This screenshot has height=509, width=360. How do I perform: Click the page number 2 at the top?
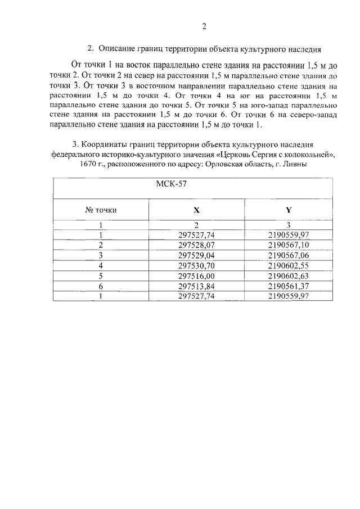click(205, 26)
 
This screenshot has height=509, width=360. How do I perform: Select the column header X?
click(196, 210)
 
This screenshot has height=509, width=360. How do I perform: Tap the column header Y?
click(288, 210)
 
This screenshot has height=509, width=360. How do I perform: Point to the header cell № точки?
click(101, 210)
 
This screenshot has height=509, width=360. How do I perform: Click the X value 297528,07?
click(196, 245)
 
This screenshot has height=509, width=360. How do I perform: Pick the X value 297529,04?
click(196, 255)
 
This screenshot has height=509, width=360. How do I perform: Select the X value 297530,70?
click(196, 265)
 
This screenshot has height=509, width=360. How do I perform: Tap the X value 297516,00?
click(196, 276)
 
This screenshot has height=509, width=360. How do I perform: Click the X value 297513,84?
click(196, 286)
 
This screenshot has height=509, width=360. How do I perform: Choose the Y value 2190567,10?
click(289, 245)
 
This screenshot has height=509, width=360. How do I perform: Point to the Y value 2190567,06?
click(289, 255)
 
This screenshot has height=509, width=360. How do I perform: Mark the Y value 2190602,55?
click(289, 265)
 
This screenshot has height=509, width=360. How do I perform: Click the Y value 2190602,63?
click(289, 276)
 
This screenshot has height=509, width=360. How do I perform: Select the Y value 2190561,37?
click(289, 286)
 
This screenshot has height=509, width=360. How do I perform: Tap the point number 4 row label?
click(101, 265)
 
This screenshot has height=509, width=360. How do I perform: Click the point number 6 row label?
click(101, 286)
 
